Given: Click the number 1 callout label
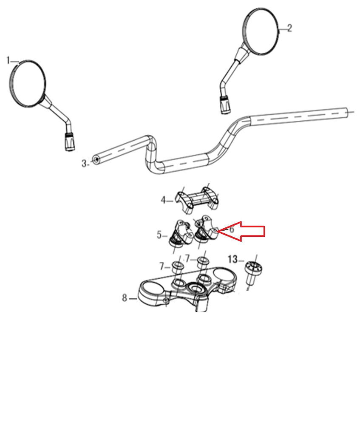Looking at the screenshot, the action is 8,61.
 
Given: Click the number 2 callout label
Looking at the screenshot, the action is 289,28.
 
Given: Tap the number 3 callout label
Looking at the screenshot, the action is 84,164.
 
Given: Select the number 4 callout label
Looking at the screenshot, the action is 163,201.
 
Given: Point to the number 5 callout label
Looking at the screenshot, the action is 159,235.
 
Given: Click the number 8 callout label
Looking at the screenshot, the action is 125,298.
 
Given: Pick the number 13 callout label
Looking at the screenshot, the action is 232,260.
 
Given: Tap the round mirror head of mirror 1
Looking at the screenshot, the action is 27,83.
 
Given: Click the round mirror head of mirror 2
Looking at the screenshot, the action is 261,31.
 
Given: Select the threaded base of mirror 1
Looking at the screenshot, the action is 69,142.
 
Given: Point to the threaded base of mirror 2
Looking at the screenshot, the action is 225,105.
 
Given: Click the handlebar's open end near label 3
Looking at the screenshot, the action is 96,160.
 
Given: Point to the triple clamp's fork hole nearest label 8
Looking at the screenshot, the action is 152,289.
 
